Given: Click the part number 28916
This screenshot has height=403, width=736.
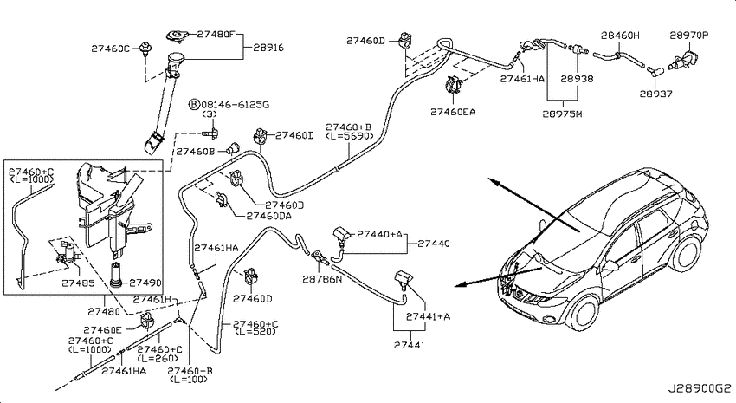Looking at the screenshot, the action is click(x=268, y=48).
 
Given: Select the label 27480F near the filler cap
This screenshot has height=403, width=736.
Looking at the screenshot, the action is click(x=216, y=34).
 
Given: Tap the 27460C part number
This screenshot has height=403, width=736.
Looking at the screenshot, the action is click(x=110, y=49).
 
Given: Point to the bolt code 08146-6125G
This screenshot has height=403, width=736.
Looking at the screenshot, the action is click(x=236, y=105).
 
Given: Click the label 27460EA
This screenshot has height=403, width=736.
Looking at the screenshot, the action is click(x=453, y=112).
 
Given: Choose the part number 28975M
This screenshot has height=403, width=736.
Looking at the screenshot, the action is click(x=562, y=114).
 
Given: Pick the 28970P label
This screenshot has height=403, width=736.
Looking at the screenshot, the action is click(x=689, y=36).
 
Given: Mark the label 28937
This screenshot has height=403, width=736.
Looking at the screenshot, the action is click(x=655, y=94).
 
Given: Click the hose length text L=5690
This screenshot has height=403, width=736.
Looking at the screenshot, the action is click(x=350, y=136).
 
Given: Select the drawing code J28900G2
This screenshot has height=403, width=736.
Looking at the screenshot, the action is click(x=700, y=389).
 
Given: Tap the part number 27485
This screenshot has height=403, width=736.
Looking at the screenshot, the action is click(x=79, y=283).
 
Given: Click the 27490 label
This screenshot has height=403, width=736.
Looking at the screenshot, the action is click(x=145, y=283).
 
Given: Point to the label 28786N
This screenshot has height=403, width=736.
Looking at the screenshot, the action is click(x=322, y=279).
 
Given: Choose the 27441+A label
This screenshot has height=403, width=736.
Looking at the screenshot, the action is click(x=428, y=316).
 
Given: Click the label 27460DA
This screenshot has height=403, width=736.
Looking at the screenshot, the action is click(x=269, y=216).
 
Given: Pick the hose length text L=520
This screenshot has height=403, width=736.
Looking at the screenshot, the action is click(x=255, y=332).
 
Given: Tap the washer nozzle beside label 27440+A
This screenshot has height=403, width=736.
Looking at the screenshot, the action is click(x=342, y=236).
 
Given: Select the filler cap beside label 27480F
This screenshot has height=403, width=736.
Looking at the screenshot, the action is click(x=178, y=36).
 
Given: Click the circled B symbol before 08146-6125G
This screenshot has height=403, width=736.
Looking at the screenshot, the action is click(x=194, y=104).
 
